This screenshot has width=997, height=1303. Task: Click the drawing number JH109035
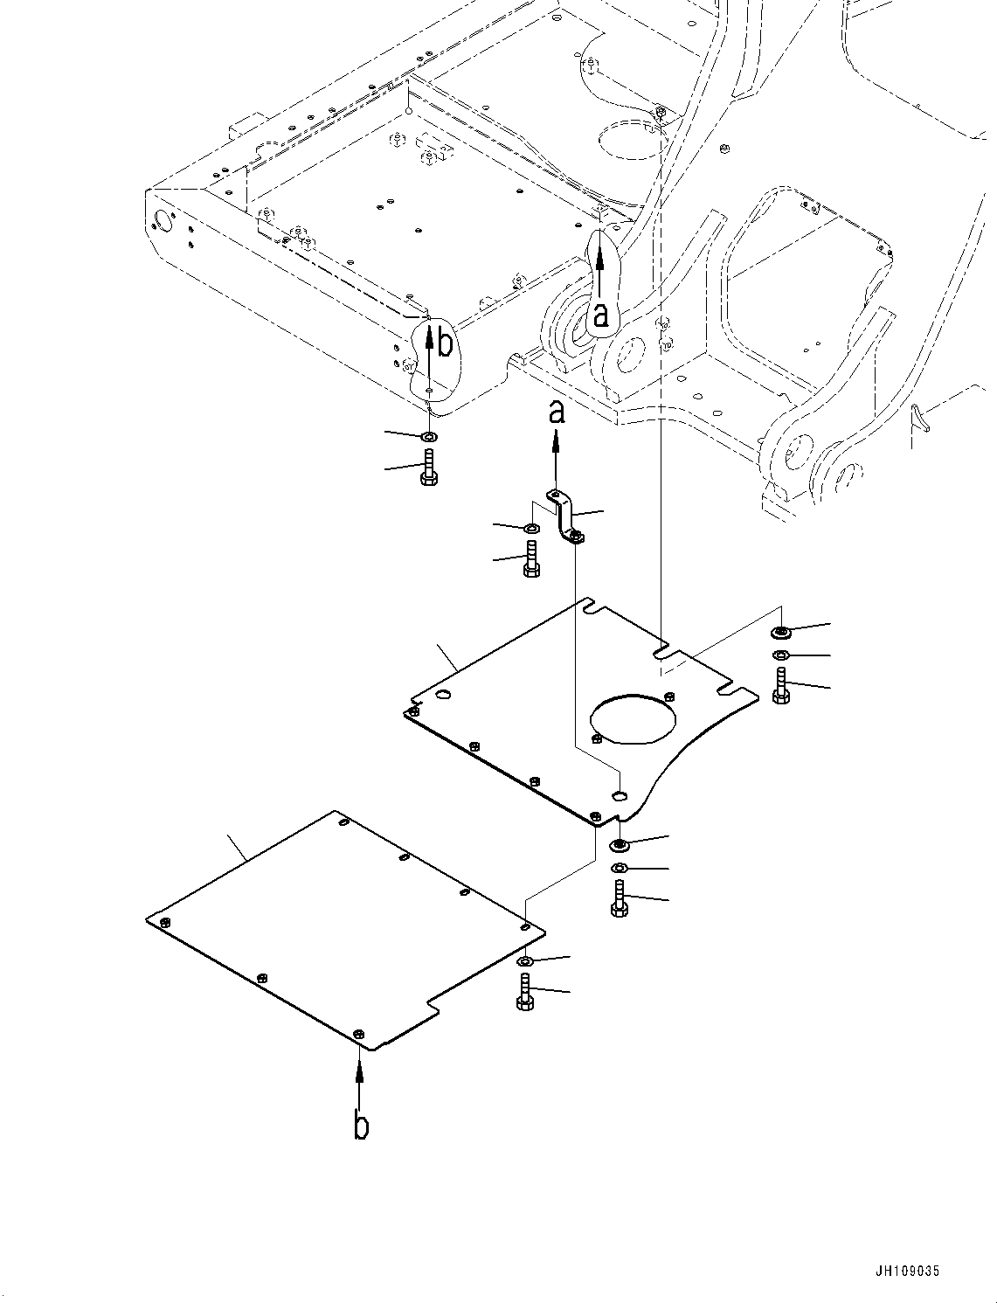906,1272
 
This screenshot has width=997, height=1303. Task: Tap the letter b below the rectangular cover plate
361,1126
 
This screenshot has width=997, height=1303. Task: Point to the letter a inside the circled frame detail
600,315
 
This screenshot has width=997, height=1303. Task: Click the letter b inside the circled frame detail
445,344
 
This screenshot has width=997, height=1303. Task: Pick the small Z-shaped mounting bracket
564,517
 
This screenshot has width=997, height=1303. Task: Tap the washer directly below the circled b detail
428,435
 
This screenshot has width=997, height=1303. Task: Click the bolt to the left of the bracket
530,559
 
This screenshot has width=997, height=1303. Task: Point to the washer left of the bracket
530,529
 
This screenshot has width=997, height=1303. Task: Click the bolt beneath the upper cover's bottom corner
620,899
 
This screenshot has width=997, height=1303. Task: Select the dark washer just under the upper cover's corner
620,844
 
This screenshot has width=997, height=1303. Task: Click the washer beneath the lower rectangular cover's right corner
524,961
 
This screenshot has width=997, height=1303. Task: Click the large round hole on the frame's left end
163,218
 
